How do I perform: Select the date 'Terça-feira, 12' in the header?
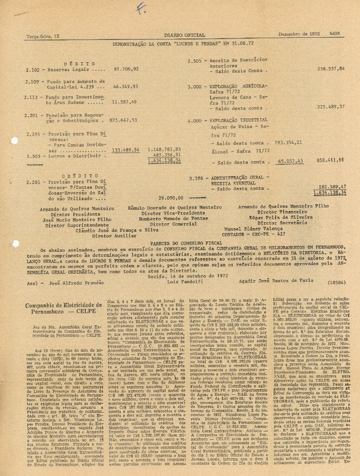pos(43,35)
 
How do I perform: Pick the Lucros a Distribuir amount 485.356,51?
pos(154,154)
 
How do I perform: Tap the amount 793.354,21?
pos(288,142)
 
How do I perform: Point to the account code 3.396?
pos(196,178)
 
